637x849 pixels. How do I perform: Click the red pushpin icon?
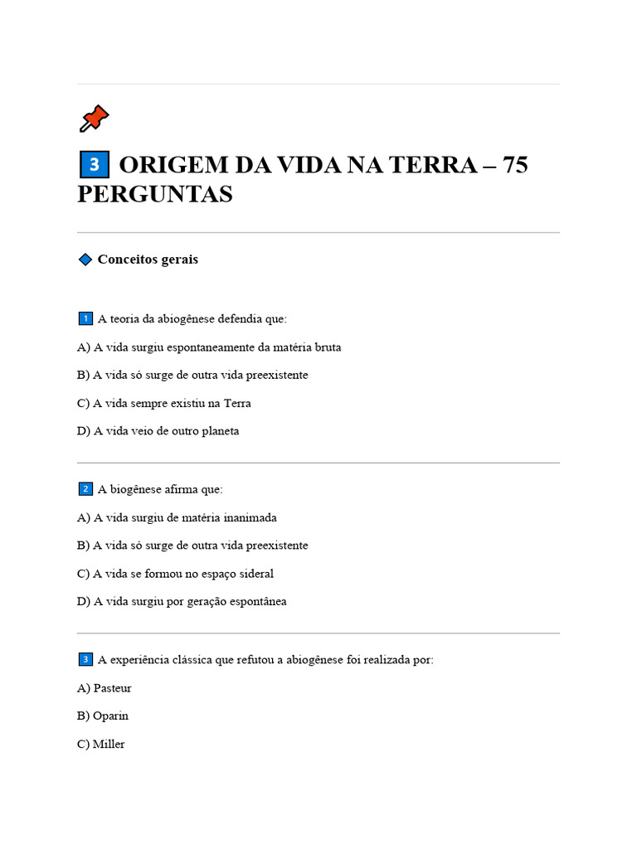(94, 119)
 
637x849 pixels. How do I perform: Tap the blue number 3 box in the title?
(94, 165)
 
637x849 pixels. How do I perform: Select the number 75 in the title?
(514, 165)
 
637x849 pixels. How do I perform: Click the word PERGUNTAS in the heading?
(155, 194)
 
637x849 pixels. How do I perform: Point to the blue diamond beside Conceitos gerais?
(85, 260)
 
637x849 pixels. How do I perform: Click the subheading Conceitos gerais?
(148, 260)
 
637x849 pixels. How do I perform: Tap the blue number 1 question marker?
(85, 319)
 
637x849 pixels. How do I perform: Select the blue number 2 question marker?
(85, 489)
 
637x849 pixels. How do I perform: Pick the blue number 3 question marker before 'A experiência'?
(85, 660)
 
